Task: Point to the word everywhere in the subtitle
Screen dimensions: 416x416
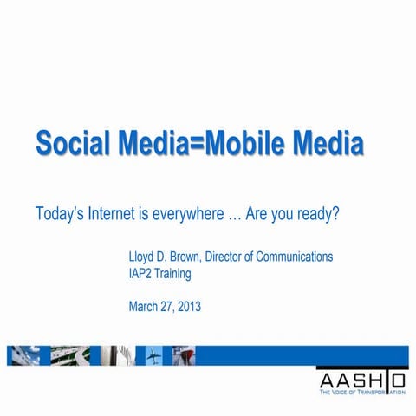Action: [x=191, y=213]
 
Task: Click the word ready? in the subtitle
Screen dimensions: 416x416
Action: [x=315, y=213]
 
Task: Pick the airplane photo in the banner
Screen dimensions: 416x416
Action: [x=154, y=355]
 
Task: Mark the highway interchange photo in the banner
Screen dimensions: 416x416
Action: [x=69, y=355]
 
